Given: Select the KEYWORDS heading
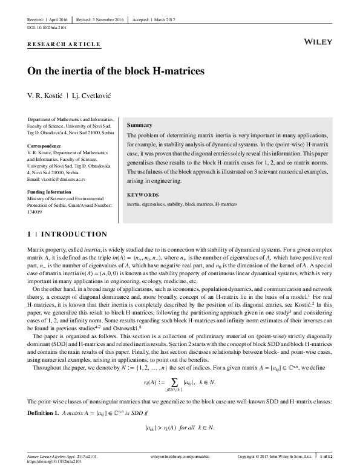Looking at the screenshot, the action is (142, 195).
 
